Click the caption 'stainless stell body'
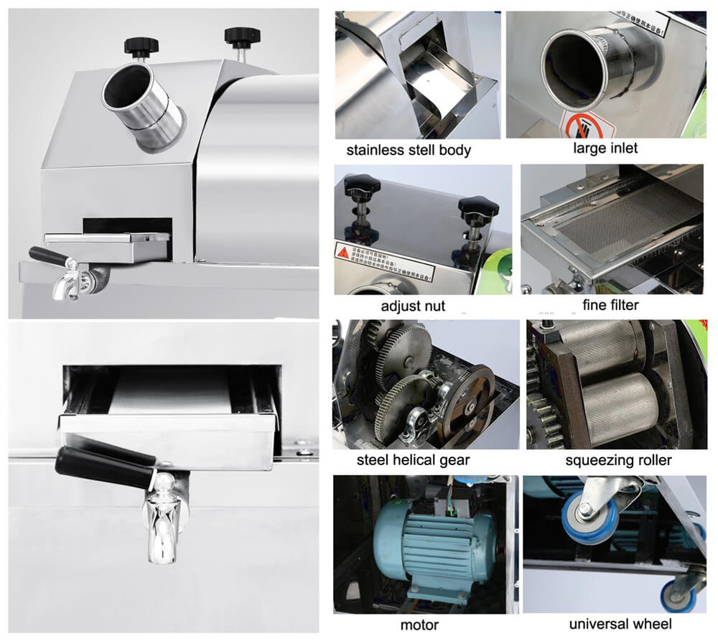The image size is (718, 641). point(409,150)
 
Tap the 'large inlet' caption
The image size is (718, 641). point(605,149)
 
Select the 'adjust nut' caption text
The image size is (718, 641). point(413,306)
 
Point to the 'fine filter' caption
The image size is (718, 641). point(610,305)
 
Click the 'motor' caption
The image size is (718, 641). point(419,624)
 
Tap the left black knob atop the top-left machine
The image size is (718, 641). point(141,46)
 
